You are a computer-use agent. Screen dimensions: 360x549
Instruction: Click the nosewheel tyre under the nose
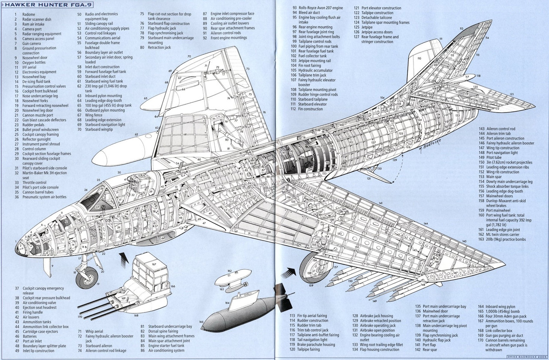[86, 279]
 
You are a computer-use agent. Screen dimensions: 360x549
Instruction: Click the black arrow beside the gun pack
[124, 258]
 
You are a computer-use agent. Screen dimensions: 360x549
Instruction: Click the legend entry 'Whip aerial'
[94, 331]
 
